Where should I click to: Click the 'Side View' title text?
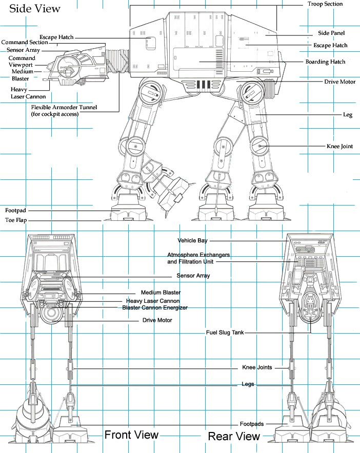35,9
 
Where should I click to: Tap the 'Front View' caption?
131,435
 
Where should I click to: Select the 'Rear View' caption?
234,436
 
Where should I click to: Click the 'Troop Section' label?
325,4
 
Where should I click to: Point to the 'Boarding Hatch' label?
325,62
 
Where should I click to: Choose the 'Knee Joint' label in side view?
340,146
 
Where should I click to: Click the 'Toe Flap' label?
16,220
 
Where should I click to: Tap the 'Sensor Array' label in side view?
24,50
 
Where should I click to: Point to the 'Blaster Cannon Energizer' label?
155,307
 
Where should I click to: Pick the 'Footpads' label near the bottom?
252,424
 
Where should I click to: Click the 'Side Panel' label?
331,33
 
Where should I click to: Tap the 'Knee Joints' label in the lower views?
257,367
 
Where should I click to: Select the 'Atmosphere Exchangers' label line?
198,255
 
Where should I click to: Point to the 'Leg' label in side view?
348,115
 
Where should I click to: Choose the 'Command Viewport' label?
22,62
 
